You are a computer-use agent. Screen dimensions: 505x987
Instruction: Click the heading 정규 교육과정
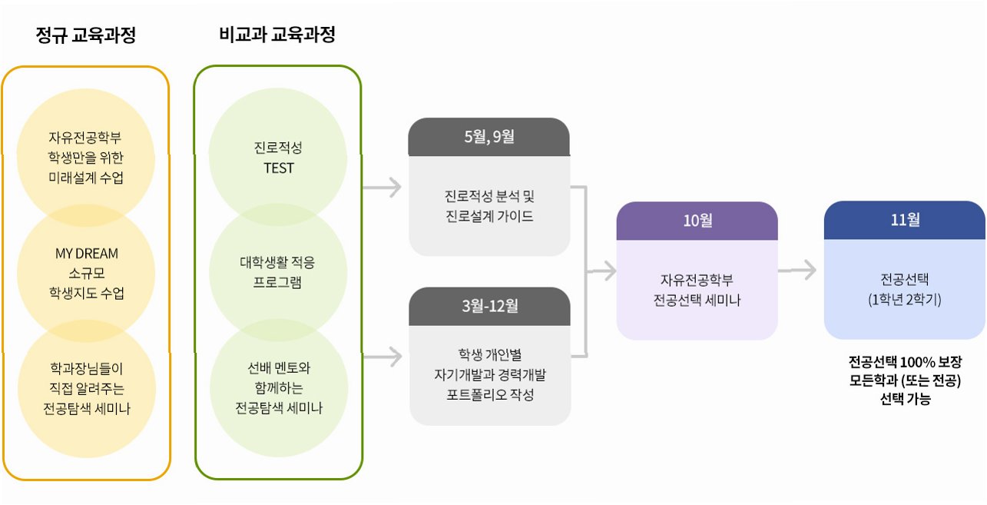[x=85, y=35]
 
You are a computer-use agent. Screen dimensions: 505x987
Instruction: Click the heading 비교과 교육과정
[x=277, y=35]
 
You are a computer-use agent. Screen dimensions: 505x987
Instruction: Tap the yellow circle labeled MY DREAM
[x=86, y=273]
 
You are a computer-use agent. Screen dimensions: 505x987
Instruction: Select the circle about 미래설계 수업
[x=85, y=158]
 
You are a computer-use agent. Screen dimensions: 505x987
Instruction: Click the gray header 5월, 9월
[x=489, y=138]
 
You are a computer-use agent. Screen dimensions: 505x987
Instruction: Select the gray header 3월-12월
[x=489, y=306]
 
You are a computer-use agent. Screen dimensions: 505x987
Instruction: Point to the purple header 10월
[x=697, y=221]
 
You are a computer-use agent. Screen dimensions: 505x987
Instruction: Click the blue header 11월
[x=904, y=221]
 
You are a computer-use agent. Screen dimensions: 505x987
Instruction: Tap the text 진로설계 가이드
[x=489, y=216]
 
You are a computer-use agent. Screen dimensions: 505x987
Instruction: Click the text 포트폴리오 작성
[x=489, y=395]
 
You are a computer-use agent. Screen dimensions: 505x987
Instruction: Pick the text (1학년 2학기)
[x=904, y=300]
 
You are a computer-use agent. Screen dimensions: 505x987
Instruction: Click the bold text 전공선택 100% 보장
[x=904, y=362]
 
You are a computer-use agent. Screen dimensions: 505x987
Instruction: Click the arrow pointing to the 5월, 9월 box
[x=383, y=186]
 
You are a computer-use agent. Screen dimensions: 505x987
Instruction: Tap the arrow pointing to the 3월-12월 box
[x=383, y=356]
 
